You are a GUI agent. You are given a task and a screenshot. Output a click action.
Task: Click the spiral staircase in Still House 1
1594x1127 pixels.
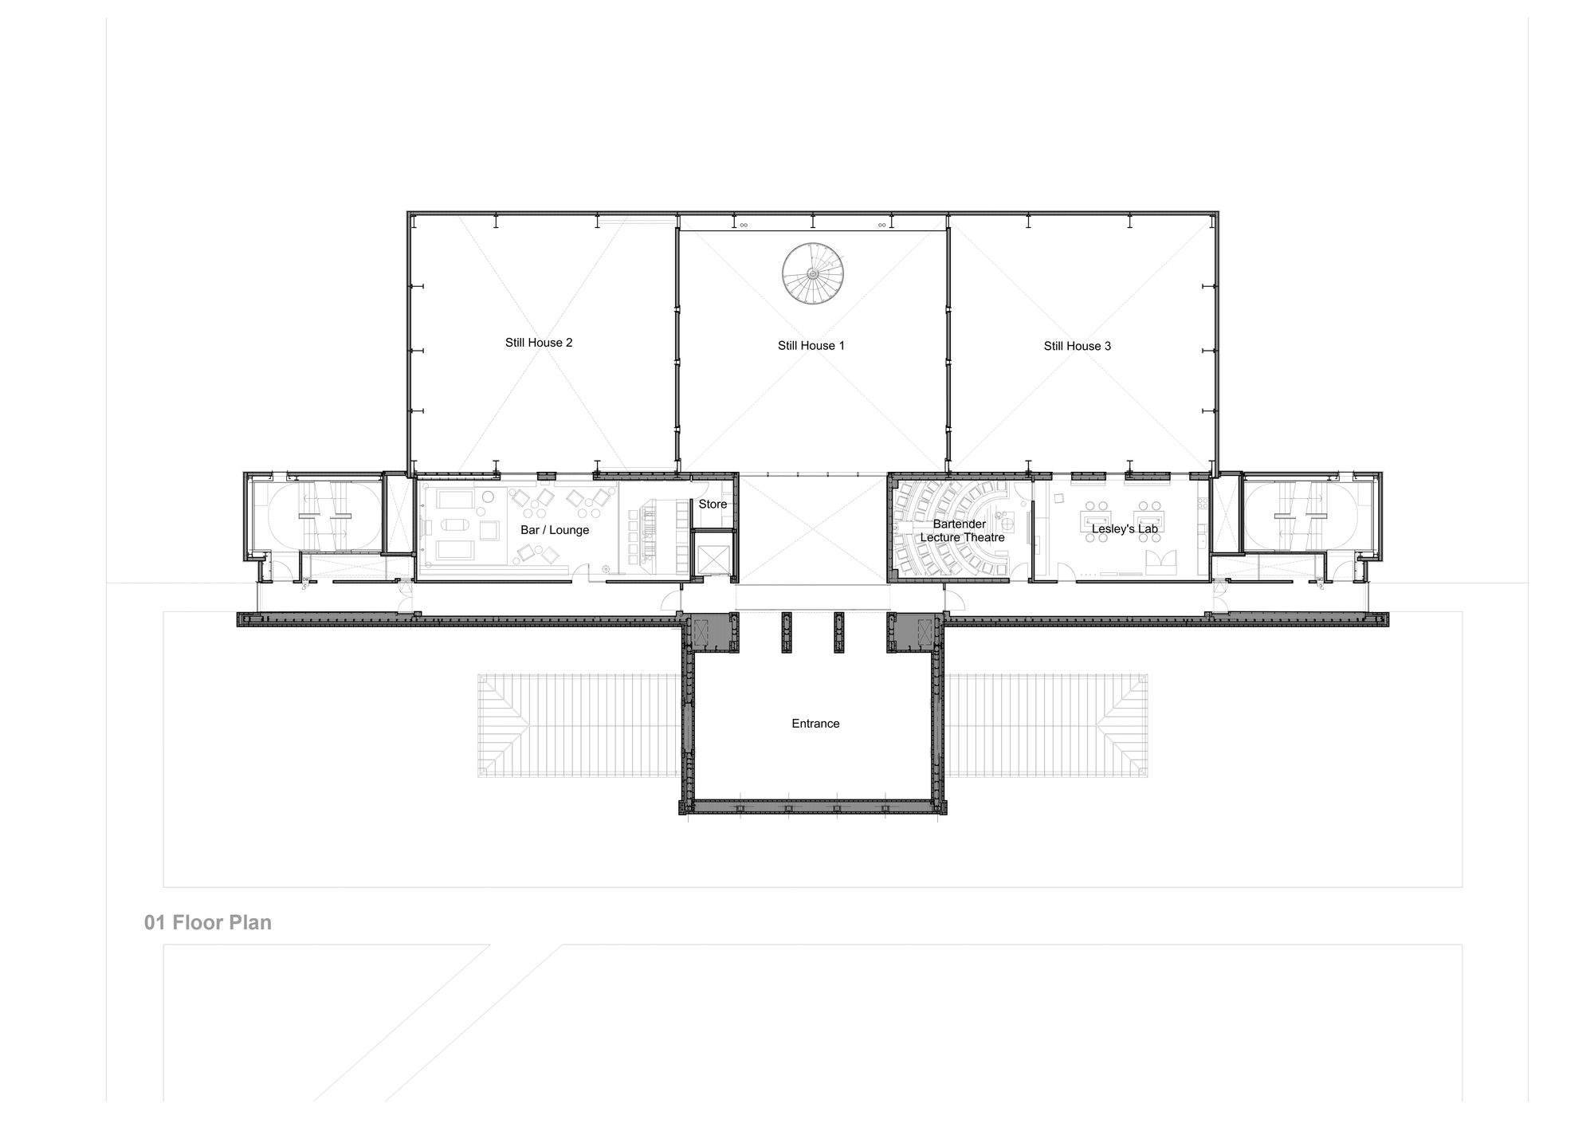(812, 273)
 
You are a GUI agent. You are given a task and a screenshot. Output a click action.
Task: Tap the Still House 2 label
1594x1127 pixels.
(539, 343)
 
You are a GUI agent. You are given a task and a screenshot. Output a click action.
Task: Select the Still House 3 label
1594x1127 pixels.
(1078, 346)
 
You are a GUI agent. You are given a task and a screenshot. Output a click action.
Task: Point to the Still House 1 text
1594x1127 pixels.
(811, 345)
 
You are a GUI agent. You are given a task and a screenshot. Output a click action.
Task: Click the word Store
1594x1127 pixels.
(713, 504)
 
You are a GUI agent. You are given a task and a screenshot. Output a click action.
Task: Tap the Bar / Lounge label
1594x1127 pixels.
(555, 530)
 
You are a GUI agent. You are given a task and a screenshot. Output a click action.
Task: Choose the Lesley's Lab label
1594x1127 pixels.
(1125, 528)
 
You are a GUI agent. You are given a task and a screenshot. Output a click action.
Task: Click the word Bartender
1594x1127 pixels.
(960, 524)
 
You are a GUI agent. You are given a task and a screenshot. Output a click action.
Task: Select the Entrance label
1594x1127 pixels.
(815, 724)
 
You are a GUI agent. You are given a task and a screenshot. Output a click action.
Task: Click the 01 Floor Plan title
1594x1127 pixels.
(208, 922)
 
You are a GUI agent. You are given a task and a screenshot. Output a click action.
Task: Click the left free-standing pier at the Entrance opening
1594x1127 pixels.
(787, 633)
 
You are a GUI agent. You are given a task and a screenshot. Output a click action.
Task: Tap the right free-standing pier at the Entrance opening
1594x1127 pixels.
(838, 633)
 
